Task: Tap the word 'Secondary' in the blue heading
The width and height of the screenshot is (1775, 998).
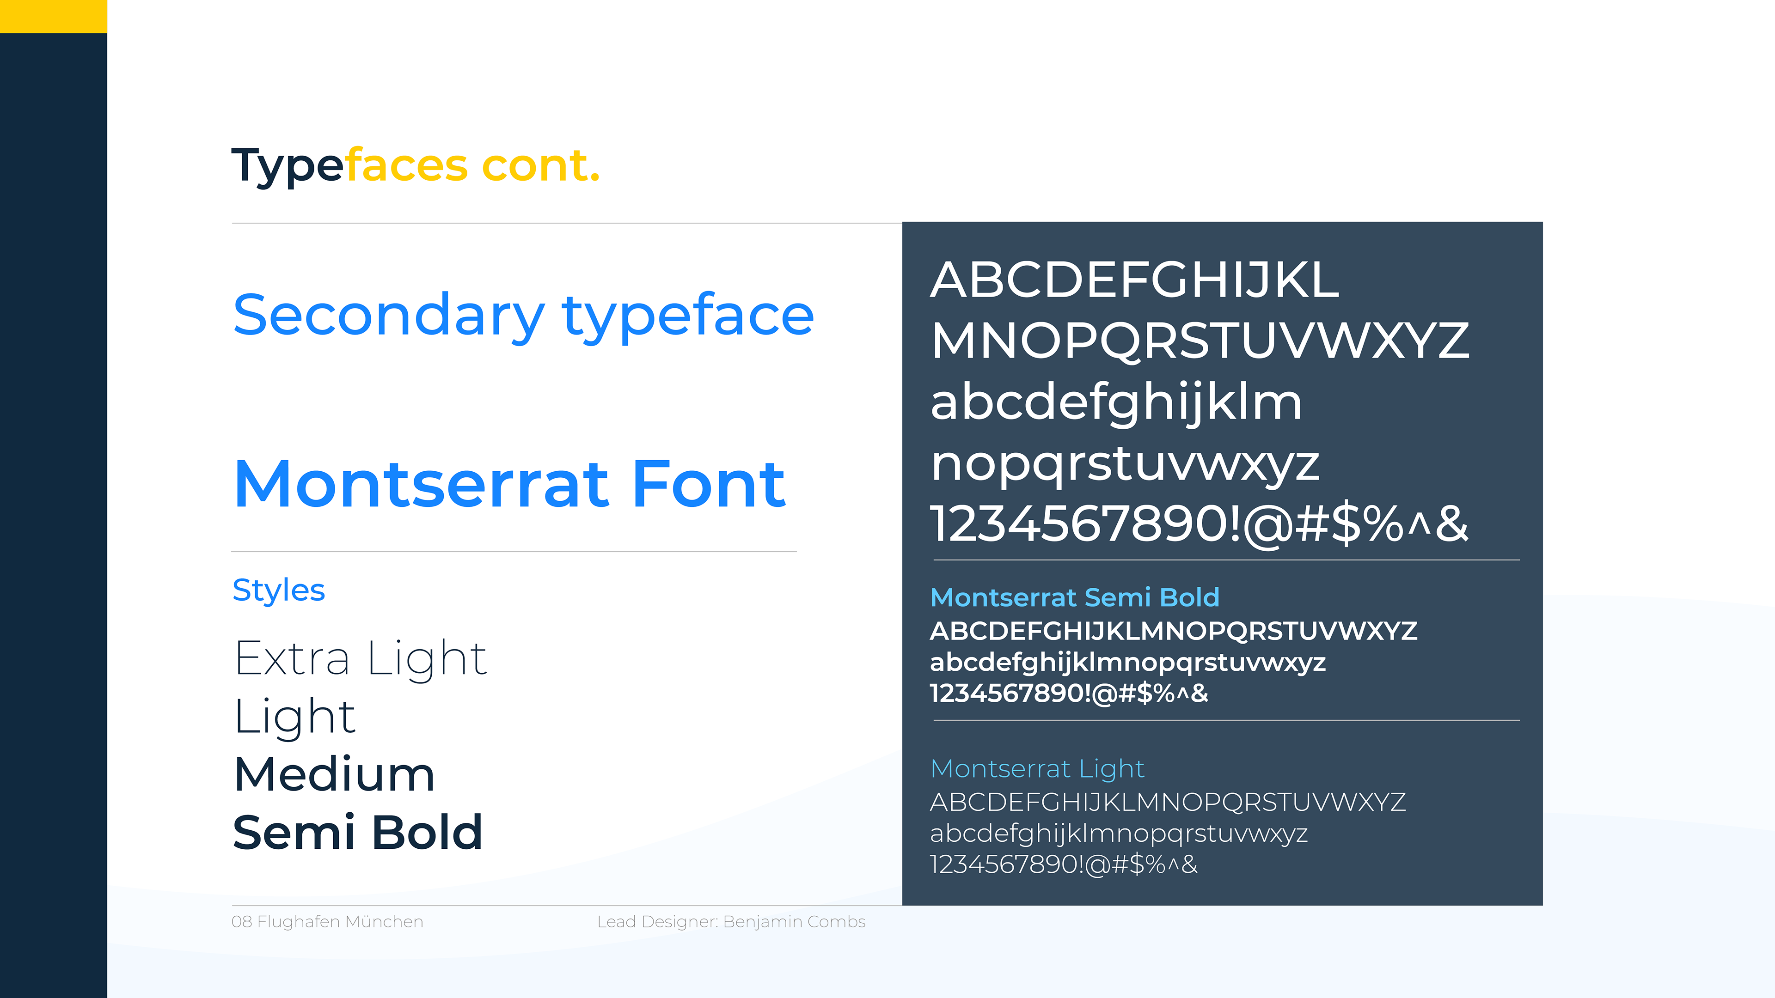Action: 389,316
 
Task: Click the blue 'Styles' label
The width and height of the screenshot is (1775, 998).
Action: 278,591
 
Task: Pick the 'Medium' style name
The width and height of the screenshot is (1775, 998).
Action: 334,774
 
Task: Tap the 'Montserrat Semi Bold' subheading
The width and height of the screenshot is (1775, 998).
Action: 1075,597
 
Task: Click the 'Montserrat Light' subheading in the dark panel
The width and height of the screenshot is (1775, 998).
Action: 1037,769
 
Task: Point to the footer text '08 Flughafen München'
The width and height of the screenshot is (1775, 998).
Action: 327,922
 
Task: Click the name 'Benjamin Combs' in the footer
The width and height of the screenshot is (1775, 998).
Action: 795,922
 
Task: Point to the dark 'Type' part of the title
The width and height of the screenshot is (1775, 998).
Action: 288,166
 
